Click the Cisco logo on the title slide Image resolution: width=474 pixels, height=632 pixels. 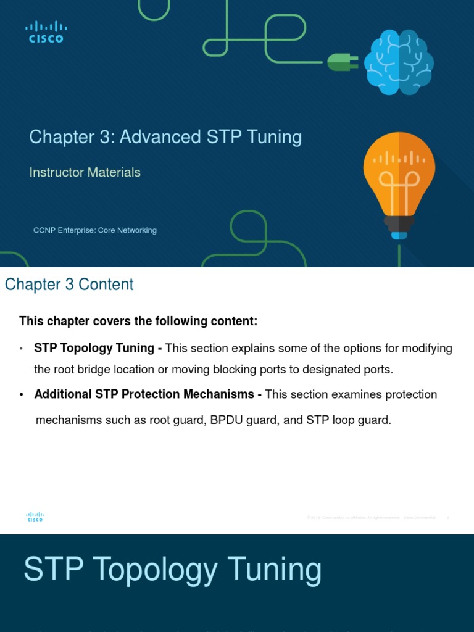(46, 31)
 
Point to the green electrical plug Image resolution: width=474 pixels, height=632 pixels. (341, 62)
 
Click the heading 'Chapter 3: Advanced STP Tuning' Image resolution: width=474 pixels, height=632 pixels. (165, 136)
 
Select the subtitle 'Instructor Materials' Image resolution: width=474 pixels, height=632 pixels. (85, 172)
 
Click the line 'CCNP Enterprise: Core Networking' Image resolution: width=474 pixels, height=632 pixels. (94, 230)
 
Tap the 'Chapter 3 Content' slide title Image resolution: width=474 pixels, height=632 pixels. (69, 285)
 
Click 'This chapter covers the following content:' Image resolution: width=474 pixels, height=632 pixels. (138, 322)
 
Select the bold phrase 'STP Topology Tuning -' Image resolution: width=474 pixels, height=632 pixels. (98, 348)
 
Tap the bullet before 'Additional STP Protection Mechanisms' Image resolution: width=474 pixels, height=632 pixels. (22, 395)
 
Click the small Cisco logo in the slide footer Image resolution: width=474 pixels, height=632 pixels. (35, 517)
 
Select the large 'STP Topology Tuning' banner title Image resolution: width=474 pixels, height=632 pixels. (172, 569)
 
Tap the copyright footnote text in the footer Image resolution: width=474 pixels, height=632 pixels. (370, 517)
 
